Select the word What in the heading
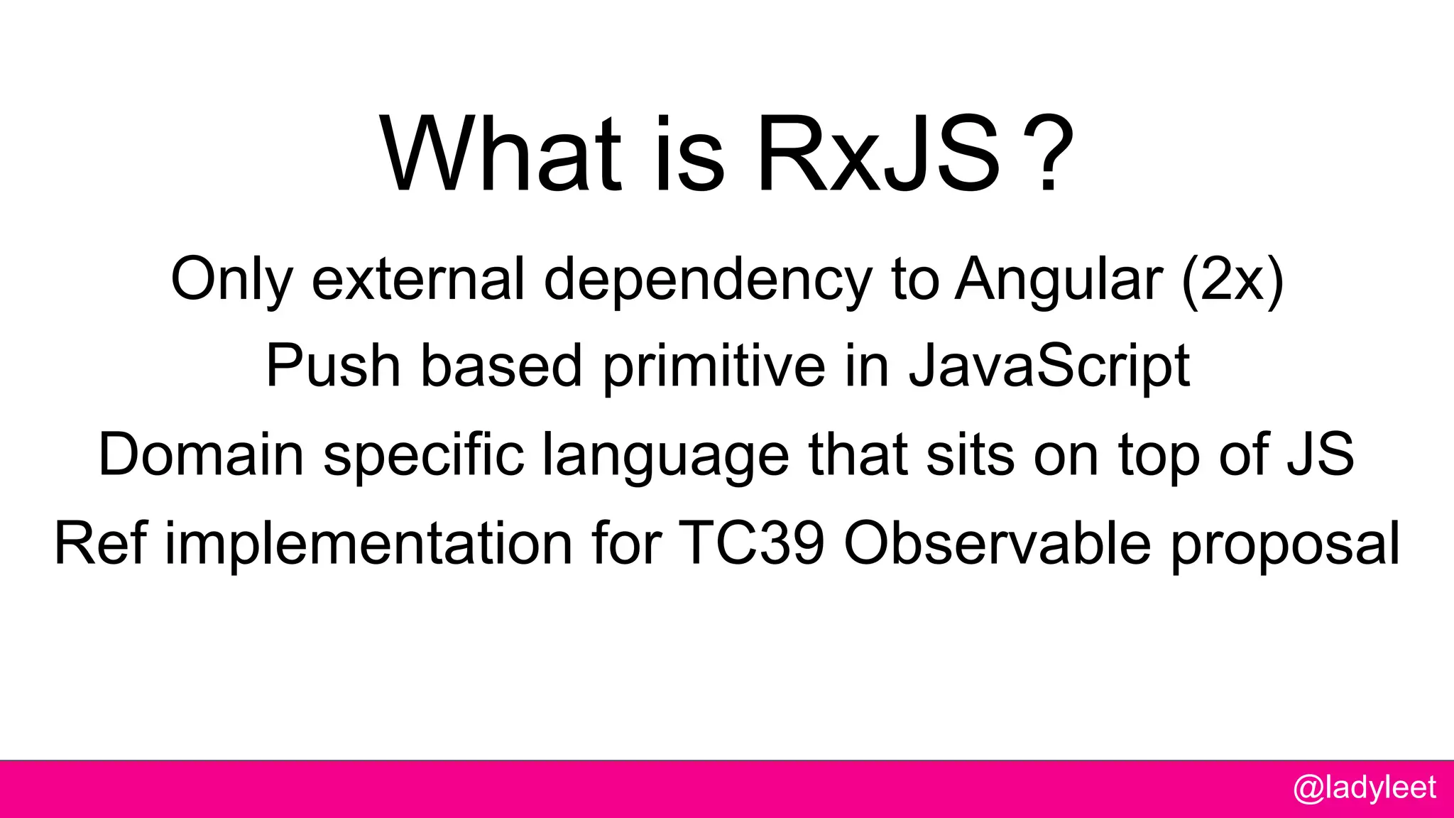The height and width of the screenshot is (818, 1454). coord(501,155)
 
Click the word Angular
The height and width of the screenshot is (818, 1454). coord(1059,279)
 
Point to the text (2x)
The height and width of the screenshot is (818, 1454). coord(1232,280)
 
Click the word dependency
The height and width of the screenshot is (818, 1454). coord(708,280)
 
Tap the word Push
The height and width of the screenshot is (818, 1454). coord(334,366)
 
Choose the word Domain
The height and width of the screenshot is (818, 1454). coord(201,454)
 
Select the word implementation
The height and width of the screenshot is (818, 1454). coord(368,543)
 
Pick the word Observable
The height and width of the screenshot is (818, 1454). coord(997,543)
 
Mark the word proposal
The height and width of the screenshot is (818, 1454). coord(1285,545)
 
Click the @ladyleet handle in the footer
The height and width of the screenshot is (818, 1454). coord(1364,787)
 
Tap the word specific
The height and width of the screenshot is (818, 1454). coord(424,456)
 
